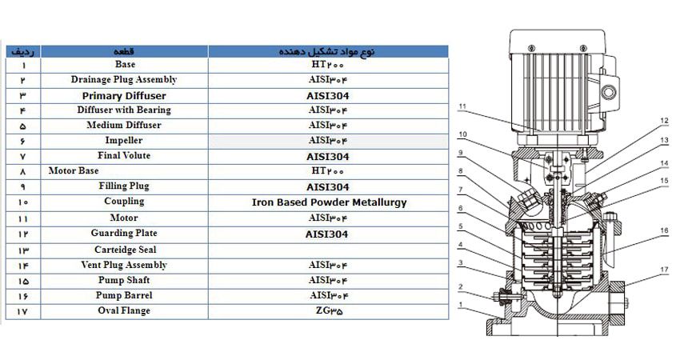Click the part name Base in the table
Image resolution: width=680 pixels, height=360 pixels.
click(x=124, y=64)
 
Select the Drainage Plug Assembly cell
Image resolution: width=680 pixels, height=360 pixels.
click(x=124, y=79)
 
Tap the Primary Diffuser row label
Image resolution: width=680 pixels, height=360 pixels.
click(x=124, y=94)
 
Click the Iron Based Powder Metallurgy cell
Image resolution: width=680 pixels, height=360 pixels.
click(x=329, y=202)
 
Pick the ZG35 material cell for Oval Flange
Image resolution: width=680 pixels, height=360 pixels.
click(x=329, y=310)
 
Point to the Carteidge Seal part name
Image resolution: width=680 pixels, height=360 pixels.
click(x=124, y=250)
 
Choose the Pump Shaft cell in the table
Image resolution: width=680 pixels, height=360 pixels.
click(x=124, y=280)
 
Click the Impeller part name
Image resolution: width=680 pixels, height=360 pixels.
click(x=124, y=140)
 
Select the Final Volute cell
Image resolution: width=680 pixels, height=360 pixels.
click(x=124, y=155)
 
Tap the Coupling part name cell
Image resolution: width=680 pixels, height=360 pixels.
click(x=124, y=202)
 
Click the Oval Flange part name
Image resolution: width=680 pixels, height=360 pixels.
click(x=124, y=310)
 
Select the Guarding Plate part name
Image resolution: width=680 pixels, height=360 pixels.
click(x=124, y=234)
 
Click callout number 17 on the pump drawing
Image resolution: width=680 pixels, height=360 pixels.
click(x=664, y=270)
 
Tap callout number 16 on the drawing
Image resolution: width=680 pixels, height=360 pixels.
click(x=664, y=230)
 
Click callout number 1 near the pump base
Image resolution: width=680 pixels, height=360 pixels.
click(x=462, y=304)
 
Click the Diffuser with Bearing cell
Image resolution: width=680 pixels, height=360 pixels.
click(x=124, y=110)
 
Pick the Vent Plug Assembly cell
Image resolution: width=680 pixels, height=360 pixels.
click(x=124, y=265)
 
